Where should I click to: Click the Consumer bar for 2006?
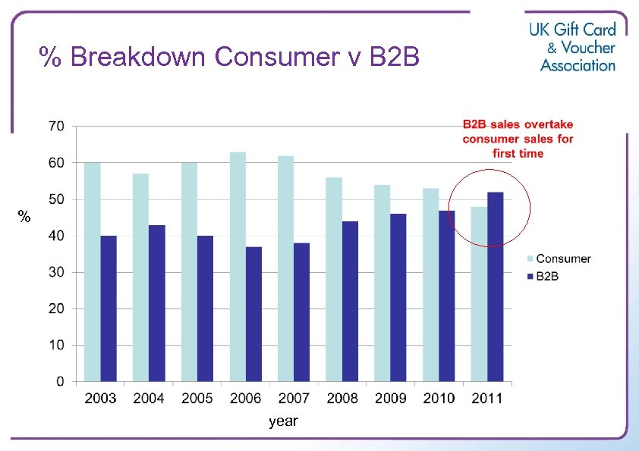pyautogui.click(x=238, y=267)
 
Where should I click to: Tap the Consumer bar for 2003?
pyautogui.click(x=92, y=271)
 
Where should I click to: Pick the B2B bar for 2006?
pyautogui.click(x=253, y=314)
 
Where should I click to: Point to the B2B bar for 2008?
pyautogui.click(x=350, y=301)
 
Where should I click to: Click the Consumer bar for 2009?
pyautogui.click(x=382, y=283)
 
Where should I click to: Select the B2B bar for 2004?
pyautogui.click(x=157, y=303)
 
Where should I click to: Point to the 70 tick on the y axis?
pyautogui.click(x=57, y=126)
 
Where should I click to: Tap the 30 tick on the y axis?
pyautogui.click(x=57, y=272)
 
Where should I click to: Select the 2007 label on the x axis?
pyautogui.click(x=294, y=399)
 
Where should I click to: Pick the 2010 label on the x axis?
pyautogui.click(x=439, y=399)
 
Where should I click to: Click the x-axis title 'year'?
pyautogui.click(x=283, y=421)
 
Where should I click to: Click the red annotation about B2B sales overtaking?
pyautogui.click(x=518, y=139)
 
